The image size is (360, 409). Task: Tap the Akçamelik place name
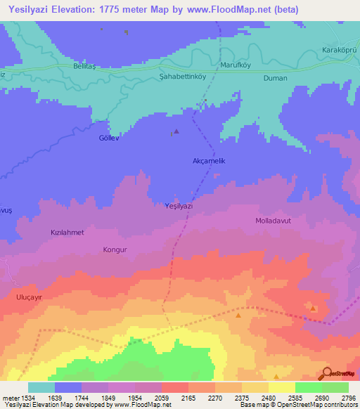tap(208, 161)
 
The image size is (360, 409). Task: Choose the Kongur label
tap(115, 249)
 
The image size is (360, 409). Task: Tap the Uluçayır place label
tap(30, 297)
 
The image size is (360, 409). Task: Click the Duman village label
tap(275, 78)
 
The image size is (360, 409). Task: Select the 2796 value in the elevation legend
tap(349, 397)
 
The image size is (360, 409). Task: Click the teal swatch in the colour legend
tap(41, 387)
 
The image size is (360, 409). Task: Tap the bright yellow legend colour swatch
tap(282, 387)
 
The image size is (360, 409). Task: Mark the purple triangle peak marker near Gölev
tap(176, 131)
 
